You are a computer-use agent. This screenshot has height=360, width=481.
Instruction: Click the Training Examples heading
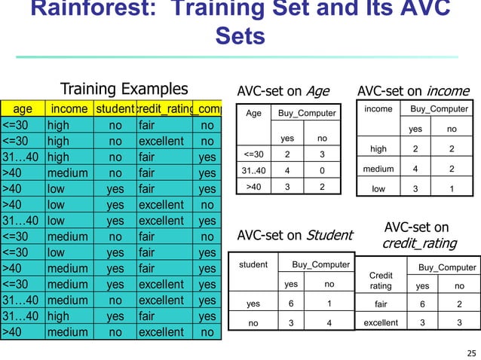[124, 89]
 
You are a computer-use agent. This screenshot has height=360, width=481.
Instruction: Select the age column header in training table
[23, 109]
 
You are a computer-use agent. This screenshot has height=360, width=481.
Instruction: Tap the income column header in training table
[69, 109]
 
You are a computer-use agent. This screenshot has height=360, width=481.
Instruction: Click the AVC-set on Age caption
[283, 91]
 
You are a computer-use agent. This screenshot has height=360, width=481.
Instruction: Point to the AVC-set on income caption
[412, 91]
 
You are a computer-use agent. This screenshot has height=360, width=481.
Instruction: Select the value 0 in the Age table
[322, 169]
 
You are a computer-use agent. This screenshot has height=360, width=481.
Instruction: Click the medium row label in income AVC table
[378, 169]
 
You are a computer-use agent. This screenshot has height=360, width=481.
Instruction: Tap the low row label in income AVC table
[378, 189]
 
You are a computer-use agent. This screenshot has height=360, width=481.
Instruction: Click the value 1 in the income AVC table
[450, 189]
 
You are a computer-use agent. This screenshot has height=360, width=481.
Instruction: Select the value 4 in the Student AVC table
[329, 324]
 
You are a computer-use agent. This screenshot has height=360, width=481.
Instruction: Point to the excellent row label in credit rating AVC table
[381, 324]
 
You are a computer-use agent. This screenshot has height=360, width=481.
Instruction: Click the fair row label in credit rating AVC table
[381, 304]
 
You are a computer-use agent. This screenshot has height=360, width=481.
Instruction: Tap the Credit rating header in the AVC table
[381, 281]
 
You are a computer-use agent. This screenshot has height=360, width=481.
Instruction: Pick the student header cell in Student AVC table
[254, 264]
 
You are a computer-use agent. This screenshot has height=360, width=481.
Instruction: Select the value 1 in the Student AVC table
[329, 304]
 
